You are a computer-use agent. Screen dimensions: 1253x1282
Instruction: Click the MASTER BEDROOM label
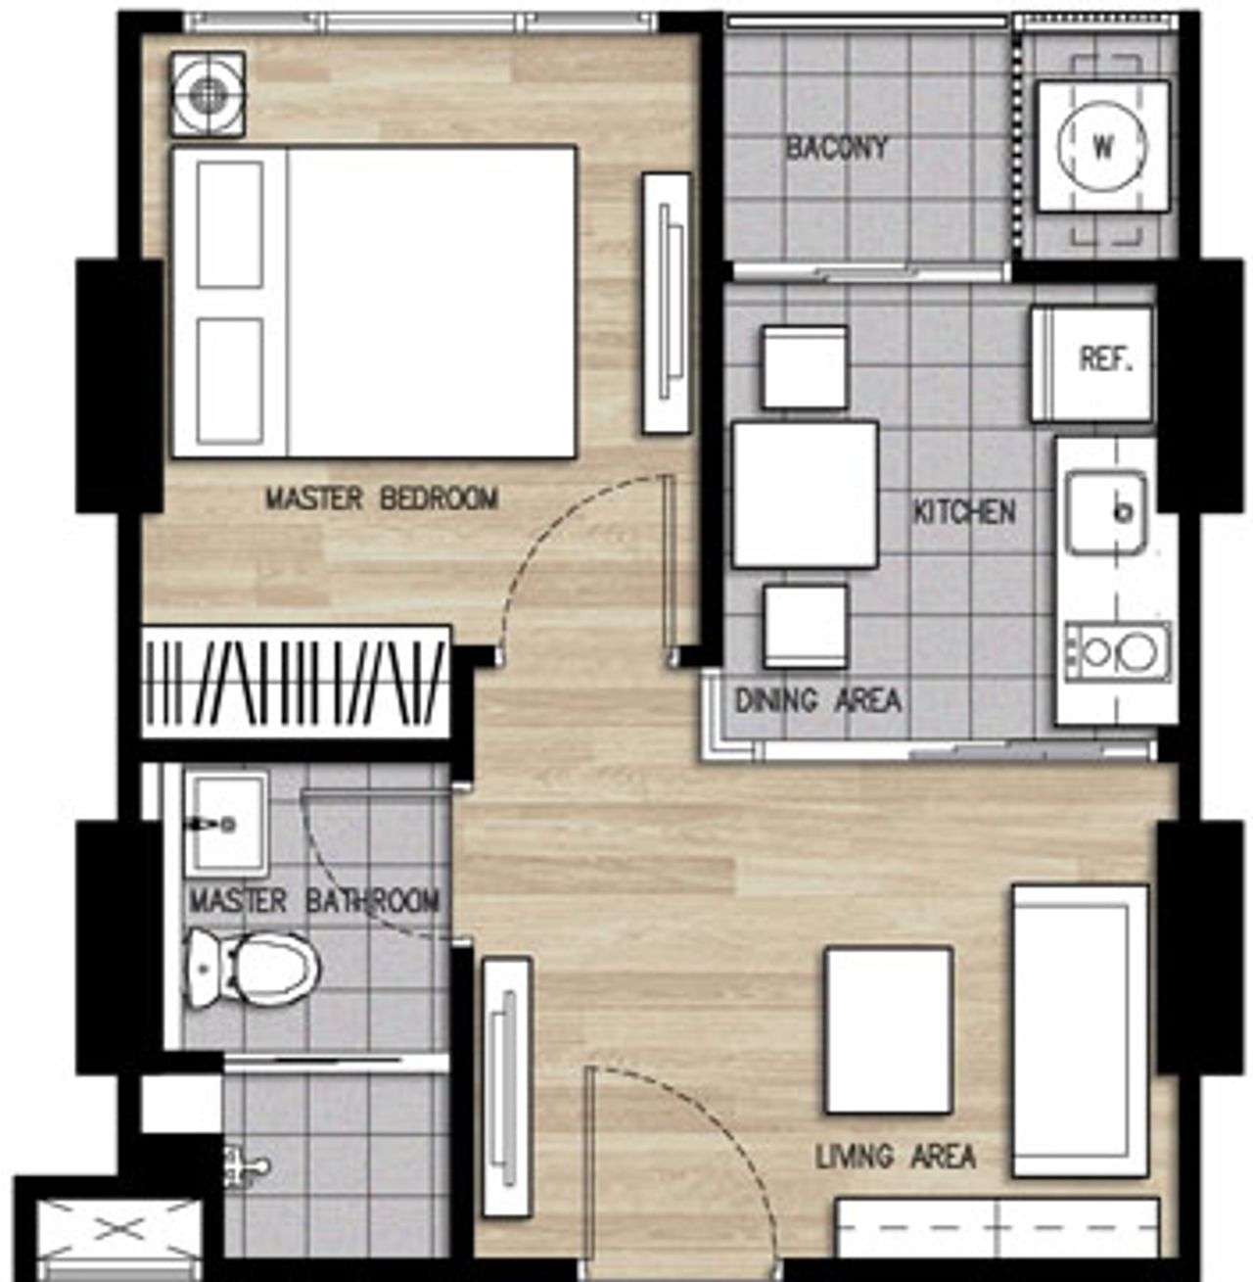[x=382, y=499]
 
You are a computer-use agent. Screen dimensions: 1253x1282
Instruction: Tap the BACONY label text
[x=837, y=148]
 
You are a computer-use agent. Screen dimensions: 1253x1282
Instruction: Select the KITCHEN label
[x=964, y=512]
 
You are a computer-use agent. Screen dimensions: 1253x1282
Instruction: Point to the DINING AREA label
[x=817, y=700]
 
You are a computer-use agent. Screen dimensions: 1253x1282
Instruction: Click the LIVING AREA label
[x=896, y=1157]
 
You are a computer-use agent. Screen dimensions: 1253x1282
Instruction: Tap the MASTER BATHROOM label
[x=314, y=901]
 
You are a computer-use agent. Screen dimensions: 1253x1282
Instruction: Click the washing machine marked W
[x=1103, y=147]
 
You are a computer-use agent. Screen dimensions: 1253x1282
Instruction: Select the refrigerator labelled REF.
[x=1092, y=363]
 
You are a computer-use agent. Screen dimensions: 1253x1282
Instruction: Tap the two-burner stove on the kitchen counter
[x=1118, y=652]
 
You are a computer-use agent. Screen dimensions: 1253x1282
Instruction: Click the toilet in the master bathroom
[x=251, y=969]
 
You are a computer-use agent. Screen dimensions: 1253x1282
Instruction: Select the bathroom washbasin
[x=226, y=825]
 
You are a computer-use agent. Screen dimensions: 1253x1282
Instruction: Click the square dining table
[x=806, y=496]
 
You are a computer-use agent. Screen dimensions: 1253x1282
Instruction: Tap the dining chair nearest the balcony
[x=805, y=367]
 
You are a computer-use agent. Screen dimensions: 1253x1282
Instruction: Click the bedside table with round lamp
[x=208, y=94]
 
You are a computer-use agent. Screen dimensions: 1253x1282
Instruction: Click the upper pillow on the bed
[x=230, y=224]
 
